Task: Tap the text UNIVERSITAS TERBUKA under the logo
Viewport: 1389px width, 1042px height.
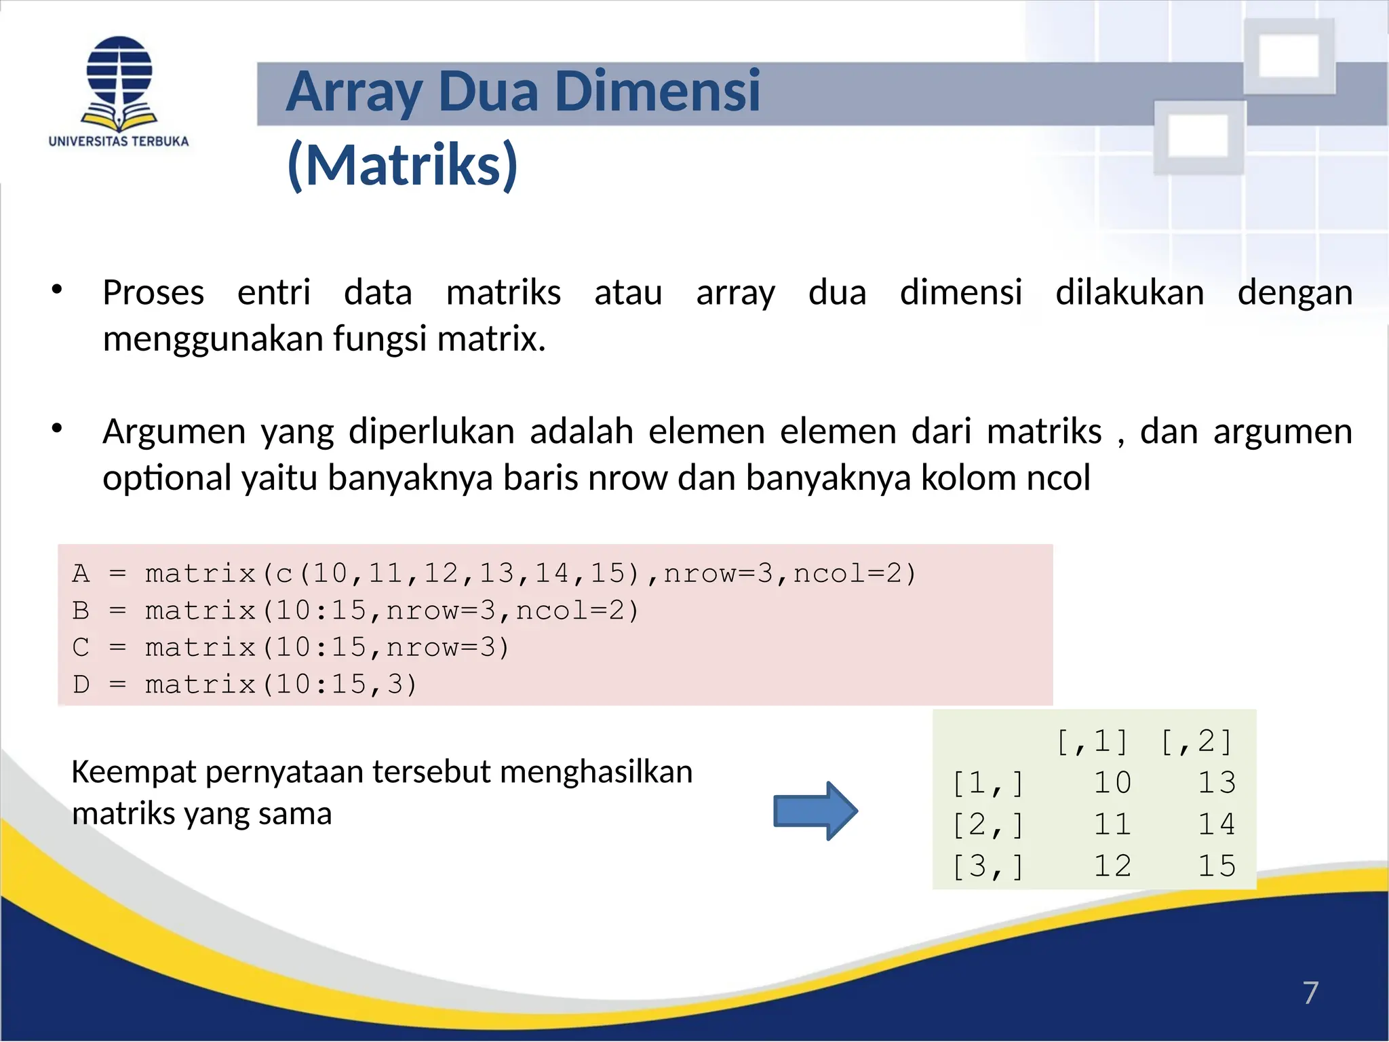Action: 119,142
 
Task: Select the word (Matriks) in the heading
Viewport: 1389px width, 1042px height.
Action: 403,165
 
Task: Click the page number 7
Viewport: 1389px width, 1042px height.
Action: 1310,992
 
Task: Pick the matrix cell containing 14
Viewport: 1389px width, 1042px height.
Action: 1217,824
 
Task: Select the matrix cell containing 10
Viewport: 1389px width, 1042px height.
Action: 1112,783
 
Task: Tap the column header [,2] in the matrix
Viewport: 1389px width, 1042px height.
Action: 1196,741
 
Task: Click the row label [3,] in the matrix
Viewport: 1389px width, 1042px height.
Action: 987,866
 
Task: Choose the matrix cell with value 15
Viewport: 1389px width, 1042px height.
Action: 1217,866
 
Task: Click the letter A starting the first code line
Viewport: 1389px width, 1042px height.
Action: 81,574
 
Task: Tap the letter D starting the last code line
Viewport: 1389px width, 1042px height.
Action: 81,684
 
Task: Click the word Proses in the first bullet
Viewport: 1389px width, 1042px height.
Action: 153,293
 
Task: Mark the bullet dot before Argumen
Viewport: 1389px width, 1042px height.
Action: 57,428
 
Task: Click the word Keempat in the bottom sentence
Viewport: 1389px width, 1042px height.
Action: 134,772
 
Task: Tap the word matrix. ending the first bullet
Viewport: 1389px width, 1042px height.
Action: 491,339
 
